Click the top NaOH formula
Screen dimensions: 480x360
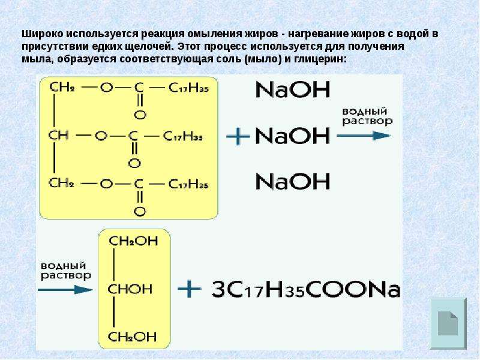[x=293, y=89]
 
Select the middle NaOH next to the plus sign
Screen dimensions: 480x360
[x=292, y=136]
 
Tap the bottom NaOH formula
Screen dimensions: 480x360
[x=293, y=181]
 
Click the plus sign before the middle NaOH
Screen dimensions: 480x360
[x=238, y=136]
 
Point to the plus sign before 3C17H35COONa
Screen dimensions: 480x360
[x=190, y=289]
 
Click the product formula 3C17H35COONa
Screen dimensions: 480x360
[x=306, y=289]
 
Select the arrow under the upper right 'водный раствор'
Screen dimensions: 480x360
[x=364, y=136]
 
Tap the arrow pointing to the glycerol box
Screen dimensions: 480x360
[x=65, y=290]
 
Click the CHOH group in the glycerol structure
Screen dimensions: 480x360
[x=130, y=289]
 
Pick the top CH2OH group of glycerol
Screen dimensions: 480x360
[x=133, y=241]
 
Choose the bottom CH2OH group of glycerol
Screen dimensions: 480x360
[x=133, y=337]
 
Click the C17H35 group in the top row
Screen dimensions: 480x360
[x=188, y=88]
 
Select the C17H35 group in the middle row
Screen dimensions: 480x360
[x=183, y=136]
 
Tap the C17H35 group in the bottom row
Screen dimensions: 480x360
[x=188, y=184]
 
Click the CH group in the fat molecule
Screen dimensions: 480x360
[x=58, y=136]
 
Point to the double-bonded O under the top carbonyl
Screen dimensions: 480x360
[x=140, y=115]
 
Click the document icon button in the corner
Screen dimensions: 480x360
[x=448, y=323]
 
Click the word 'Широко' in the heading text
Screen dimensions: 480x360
[x=43, y=34]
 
